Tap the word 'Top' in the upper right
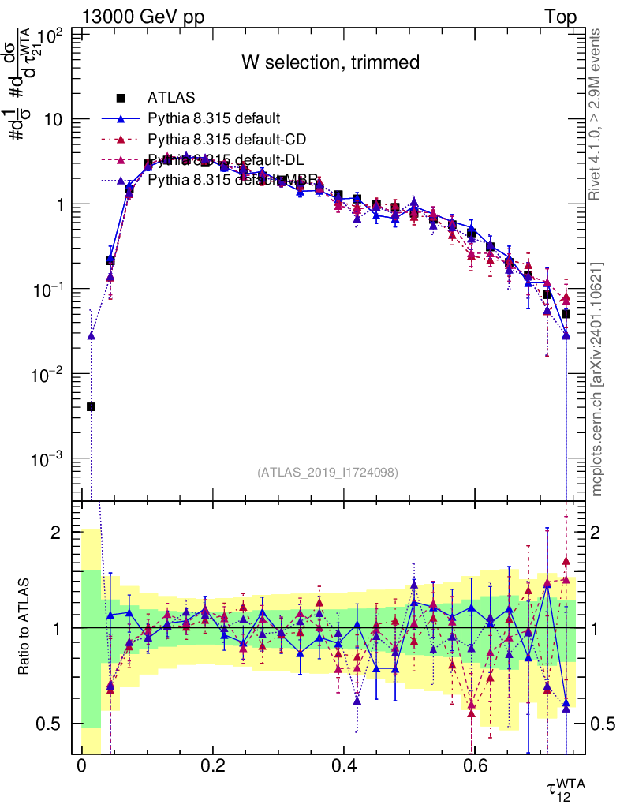[561, 17]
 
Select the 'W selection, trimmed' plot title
[330, 62]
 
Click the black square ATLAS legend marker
[121, 98]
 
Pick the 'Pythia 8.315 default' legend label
[214, 119]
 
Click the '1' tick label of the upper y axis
[62, 204]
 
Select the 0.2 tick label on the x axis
[212, 765]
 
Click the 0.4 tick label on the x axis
[342, 765]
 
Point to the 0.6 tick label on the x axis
[472, 765]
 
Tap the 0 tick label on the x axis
[81, 765]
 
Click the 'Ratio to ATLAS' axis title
[25, 629]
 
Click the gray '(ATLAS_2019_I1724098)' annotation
[327, 473]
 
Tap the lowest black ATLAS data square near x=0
[92, 406]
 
